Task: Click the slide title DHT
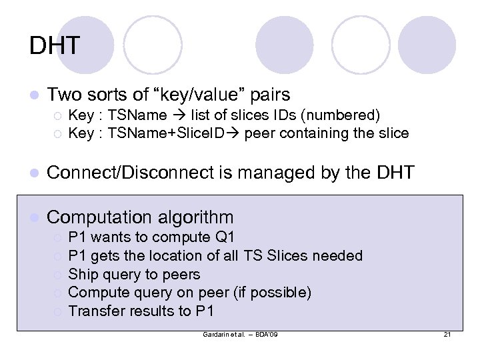(55, 46)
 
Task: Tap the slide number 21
(447, 333)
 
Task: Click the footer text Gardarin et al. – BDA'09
(240, 333)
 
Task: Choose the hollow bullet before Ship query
(59, 275)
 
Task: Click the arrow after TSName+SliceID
(235, 133)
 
